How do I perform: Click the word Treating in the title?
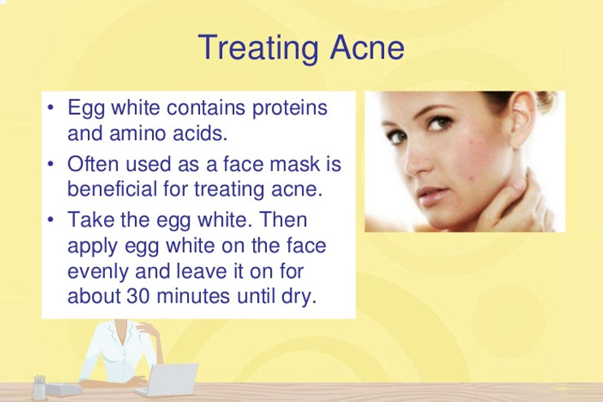tap(258, 48)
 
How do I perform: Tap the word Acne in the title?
tap(367, 47)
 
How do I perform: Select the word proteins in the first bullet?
tap(290, 108)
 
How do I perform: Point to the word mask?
tap(295, 164)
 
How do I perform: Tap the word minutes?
tap(193, 296)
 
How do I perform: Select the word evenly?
tap(98, 272)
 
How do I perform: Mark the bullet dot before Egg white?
tap(50, 107)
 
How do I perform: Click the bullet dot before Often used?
tap(50, 164)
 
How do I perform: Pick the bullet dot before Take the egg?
tap(50, 220)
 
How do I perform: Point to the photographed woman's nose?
tap(417, 159)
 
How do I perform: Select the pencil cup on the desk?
tap(39, 387)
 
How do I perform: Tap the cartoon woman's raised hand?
tap(148, 330)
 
